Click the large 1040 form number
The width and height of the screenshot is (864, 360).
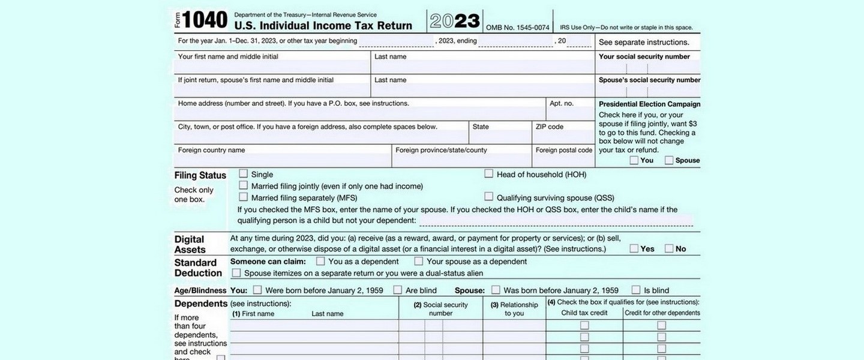pyautogui.click(x=204, y=20)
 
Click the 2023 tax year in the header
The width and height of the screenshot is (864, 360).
pyautogui.click(x=455, y=21)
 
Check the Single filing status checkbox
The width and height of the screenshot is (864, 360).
pyautogui.click(x=244, y=174)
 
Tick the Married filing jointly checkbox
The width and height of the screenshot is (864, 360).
pyautogui.click(x=244, y=185)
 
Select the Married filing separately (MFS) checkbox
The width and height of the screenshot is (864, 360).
pyautogui.click(x=244, y=197)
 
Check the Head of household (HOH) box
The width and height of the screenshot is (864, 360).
pyautogui.click(x=489, y=174)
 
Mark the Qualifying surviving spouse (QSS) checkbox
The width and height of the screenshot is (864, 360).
pyautogui.click(x=489, y=197)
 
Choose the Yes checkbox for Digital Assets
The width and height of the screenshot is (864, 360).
pyautogui.click(x=634, y=248)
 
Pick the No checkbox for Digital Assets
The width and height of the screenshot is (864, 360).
pyautogui.click(x=669, y=248)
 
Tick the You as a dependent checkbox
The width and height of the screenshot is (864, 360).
pyautogui.click(x=320, y=261)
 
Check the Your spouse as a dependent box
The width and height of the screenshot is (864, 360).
pyautogui.click(x=419, y=261)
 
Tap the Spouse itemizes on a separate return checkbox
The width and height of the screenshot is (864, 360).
pyautogui.click(x=236, y=273)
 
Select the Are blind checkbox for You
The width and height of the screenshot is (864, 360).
pyautogui.click(x=398, y=290)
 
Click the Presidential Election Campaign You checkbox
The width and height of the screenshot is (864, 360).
pyautogui.click(x=634, y=160)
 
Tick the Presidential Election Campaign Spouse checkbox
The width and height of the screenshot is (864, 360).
pyautogui.click(x=669, y=160)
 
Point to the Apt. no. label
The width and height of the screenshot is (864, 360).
pyautogui.click(x=562, y=103)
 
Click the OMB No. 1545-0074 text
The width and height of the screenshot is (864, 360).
pyautogui.click(x=517, y=28)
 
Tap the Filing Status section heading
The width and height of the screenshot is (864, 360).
pyautogui.click(x=200, y=175)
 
